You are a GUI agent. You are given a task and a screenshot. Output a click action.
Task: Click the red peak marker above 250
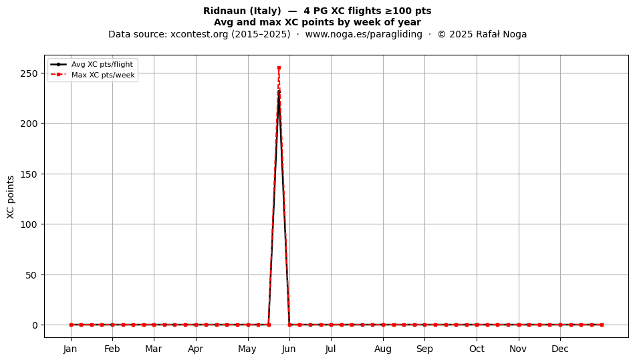pyautogui.click(x=279, y=68)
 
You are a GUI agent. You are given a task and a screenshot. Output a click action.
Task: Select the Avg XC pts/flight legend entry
pyautogui.click(x=92, y=64)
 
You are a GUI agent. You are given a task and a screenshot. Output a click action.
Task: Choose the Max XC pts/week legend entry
pyautogui.click(x=93, y=75)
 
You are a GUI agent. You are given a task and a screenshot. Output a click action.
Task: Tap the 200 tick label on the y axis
pyautogui.click(x=29, y=124)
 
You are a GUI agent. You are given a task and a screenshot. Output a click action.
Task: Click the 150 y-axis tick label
pyautogui.click(x=29, y=174)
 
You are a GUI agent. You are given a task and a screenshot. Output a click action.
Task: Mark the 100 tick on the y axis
pyautogui.click(x=29, y=224)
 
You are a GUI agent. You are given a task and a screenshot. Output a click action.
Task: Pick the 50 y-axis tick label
pyautogui.click(x=31, y=275)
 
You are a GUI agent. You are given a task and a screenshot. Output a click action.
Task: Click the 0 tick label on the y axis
pyautogui.click(x=35, y=325)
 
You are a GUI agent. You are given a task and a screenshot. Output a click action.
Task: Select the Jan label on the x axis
pyautogui.click(x=70, y=349)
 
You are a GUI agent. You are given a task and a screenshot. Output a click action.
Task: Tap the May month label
pyautogui.click(x=247, y=349)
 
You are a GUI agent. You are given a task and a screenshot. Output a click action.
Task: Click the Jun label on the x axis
pyautogui.click(x=289, y=349)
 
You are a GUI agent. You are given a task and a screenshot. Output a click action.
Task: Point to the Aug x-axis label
pyautogui.click(x=383, y=349)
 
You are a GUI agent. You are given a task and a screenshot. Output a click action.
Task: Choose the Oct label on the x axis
pyautogui.click(x=477, y=349)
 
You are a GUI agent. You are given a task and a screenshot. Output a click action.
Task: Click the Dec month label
pyautogui.click(x=560, y=349)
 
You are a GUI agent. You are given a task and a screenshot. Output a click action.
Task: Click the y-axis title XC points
pyautogui.click(x=11, y=197)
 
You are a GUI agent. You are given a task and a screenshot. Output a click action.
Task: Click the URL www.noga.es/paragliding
pyautogui.click(x=364, y=34)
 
